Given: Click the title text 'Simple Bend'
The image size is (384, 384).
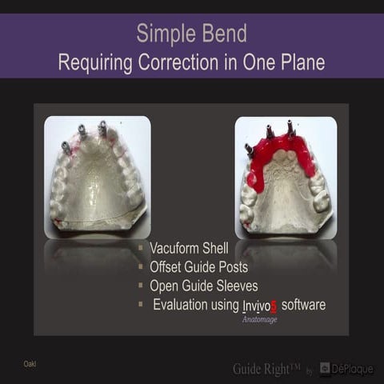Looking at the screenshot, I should [191, 33].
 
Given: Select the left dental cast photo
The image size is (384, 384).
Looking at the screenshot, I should [97, 177].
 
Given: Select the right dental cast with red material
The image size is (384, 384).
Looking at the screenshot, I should [286, 177].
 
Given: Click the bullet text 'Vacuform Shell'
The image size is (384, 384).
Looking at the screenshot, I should [190, 248].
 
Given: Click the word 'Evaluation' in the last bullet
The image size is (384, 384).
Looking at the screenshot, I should [184, 305].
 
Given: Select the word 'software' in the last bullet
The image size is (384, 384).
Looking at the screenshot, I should [303, 305].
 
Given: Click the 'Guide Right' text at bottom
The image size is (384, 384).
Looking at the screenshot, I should [266, 368].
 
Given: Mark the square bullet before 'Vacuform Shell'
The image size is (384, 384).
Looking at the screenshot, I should [140, 249].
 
